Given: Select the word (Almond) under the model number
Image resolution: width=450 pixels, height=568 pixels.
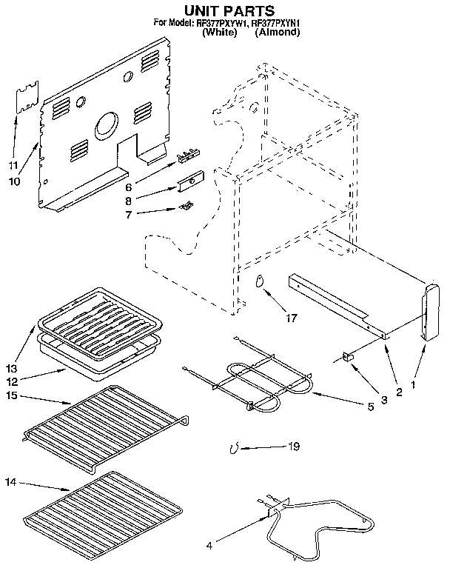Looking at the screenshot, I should tap(277, 33).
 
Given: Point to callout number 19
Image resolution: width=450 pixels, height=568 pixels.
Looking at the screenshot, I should tap(295, 446).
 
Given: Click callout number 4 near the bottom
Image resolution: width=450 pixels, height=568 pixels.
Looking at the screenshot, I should tap(209, 547).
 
